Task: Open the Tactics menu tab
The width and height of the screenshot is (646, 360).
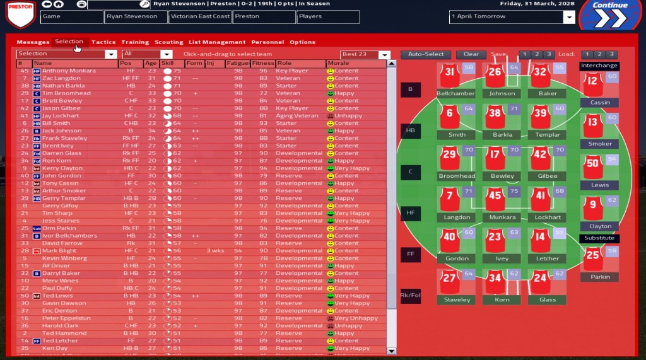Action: (x=103, y=42)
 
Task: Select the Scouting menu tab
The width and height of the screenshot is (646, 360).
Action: (x=168, y=42)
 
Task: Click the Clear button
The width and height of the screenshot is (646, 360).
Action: (x=471, y=55)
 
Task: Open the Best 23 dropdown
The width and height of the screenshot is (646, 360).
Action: (x=365, y=55)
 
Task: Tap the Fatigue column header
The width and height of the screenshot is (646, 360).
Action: (x=237, y=64)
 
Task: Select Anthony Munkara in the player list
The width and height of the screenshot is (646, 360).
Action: (x=69, y=71)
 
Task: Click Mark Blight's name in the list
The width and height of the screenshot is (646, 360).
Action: (x=59, y=251)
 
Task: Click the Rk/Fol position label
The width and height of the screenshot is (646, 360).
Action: (x=410, y=296)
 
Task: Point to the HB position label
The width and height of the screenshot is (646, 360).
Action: (x=410, y=131)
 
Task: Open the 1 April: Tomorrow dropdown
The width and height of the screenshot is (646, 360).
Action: (x=512, y=17)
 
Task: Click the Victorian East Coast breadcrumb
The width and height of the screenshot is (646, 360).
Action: (x=199, y=17)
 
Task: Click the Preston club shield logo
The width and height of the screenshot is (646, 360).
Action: (x=20, y=15)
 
